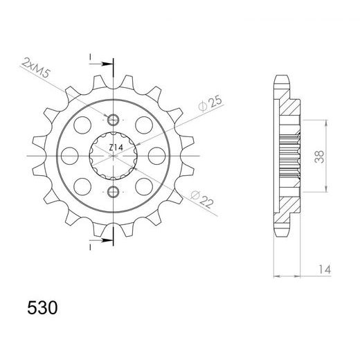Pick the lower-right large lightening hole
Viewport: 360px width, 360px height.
[x=144, y=185]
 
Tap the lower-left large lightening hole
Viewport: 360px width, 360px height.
[x=82, y=185]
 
